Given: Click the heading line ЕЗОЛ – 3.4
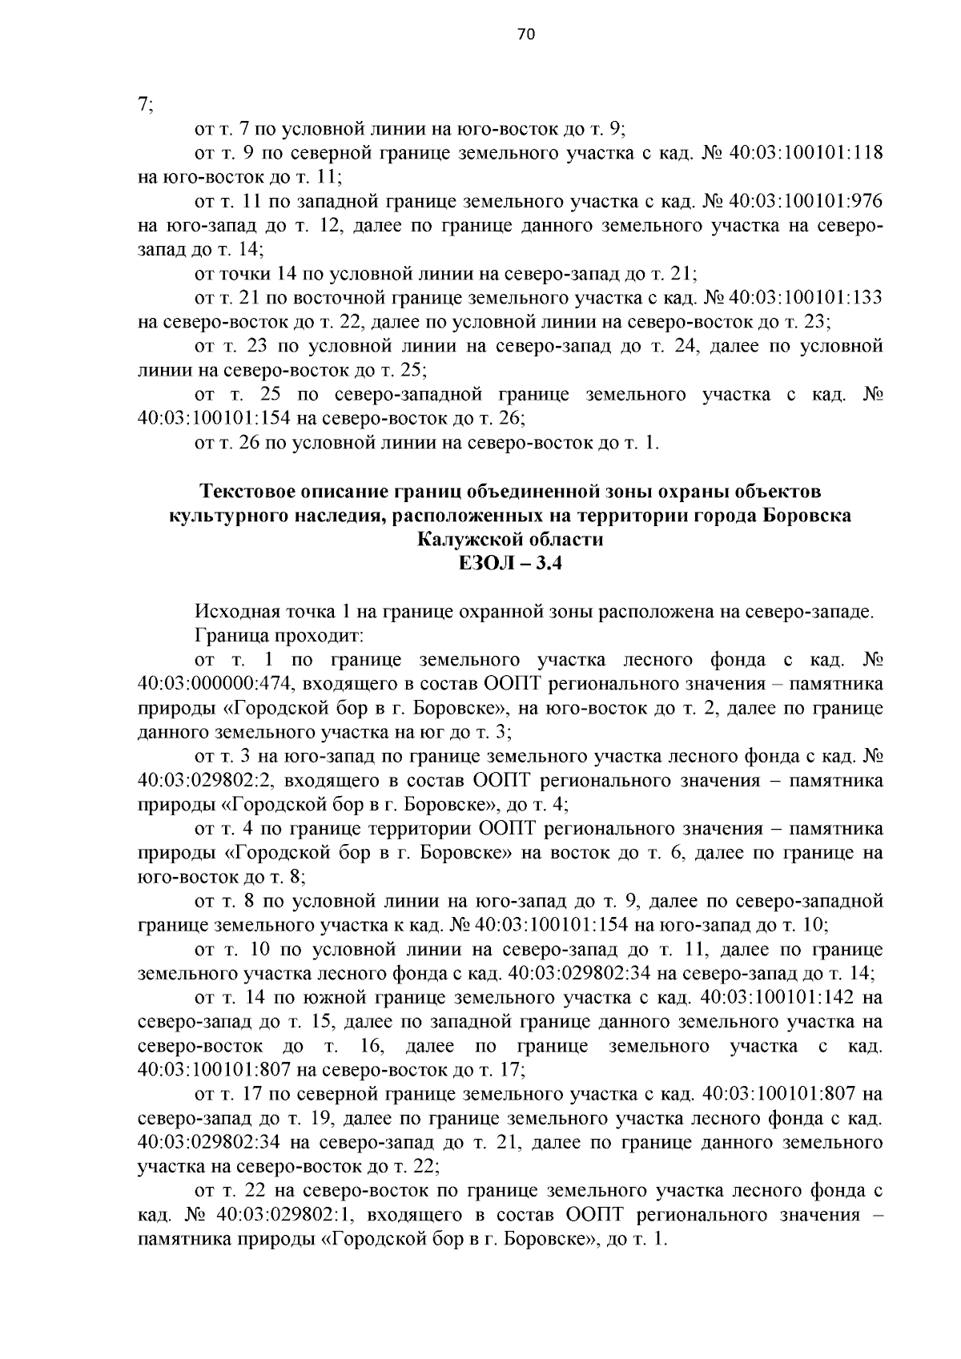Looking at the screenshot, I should [x=510, y=564].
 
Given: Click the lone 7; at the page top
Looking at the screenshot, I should [x=145, y=105].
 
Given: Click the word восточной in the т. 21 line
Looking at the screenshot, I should [x=359, y=298].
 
